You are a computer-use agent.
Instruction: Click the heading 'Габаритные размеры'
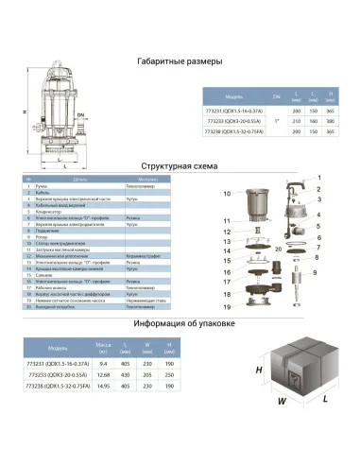(x=180, y=61)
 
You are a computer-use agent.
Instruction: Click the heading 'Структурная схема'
(x=180, y=164)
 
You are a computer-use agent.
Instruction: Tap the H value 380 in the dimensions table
(x=330, y=121)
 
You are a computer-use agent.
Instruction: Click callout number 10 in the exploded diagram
(x=226, y=193)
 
